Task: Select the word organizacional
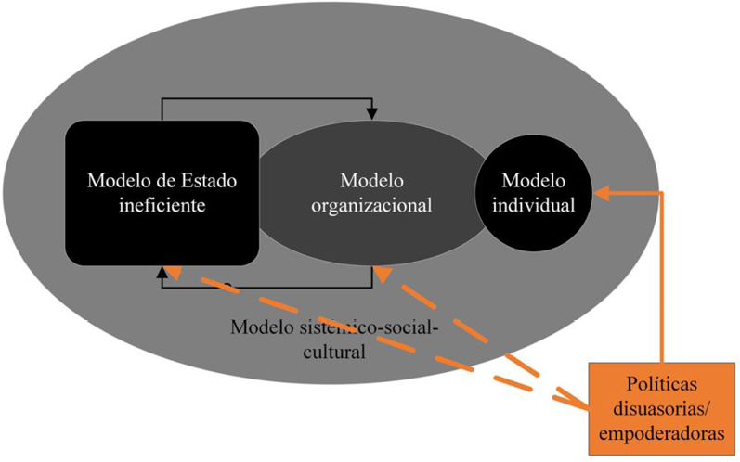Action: click(371, 205)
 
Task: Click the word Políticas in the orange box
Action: click(662, 384)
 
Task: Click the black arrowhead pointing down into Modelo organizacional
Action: click(372, 113)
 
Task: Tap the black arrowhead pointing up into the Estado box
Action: click(162, 273)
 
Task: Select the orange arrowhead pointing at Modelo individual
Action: click(602, 193)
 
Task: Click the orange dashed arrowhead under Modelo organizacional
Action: click(382, 274)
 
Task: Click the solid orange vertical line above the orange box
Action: click(662, 278)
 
